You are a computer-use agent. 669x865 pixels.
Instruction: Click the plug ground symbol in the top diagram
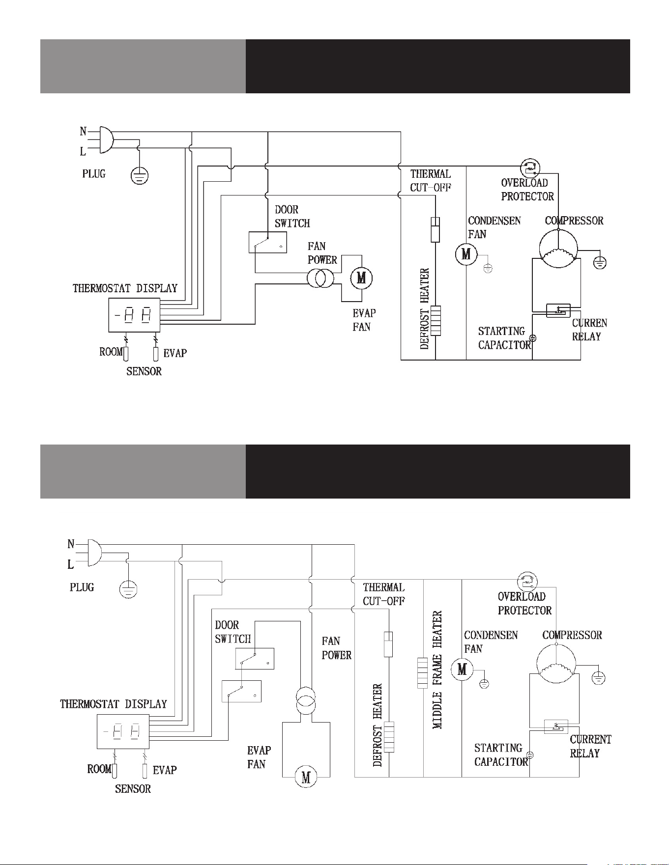click(x=140, y=176)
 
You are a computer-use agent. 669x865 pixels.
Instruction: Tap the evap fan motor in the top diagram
click(x=361, y=279)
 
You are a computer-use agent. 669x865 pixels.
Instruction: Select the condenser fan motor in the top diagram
click(x=465, y=254)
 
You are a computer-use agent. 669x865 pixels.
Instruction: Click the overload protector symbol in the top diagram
click(x=530, y=168)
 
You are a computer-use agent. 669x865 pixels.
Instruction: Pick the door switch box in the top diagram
click(x=268, y=242)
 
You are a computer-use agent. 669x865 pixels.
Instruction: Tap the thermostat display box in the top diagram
click(x=134, y=315)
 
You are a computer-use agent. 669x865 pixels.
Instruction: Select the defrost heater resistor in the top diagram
click(x=436, y=320)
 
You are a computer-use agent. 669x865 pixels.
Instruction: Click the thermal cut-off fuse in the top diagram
click(x=435, y=229)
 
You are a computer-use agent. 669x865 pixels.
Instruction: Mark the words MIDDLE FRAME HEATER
click(x=437, y=670)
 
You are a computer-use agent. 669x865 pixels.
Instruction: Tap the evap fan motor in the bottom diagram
click(x=306, y=777)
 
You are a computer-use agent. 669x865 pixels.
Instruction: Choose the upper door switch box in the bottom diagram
click(x=255, y=659)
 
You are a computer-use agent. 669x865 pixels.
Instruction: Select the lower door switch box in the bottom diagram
click(x=241, y=691)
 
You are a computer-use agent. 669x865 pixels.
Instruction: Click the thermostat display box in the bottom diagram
click(x=123, y=731)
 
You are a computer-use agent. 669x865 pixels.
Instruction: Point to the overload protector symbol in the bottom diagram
click(x=527, y=583)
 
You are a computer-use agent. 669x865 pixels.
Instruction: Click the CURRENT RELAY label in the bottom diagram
click(x=590, y=746)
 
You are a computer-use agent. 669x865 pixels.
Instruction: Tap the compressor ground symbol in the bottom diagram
click(x=598, y=678)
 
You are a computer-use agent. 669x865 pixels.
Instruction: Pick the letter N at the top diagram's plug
click(x=84, y=131)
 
